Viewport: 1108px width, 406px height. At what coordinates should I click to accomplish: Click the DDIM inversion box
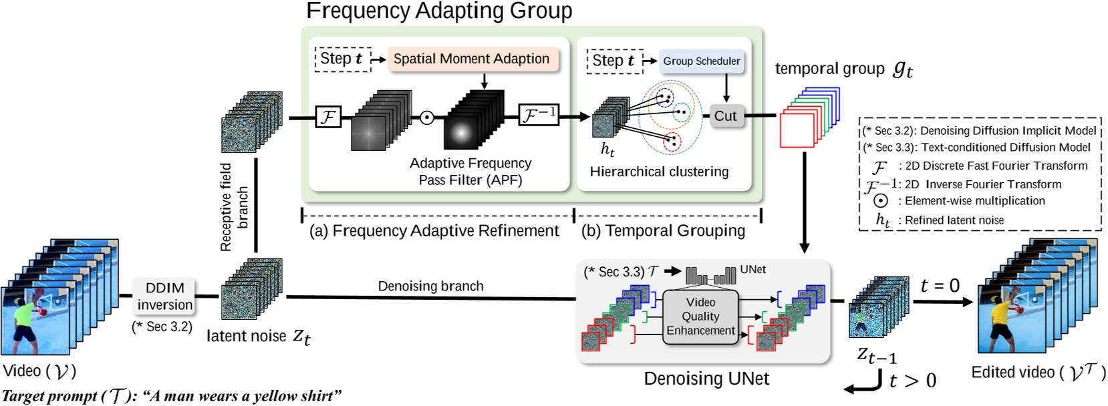(164, 296)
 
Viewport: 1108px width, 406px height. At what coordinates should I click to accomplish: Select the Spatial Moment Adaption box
(471, 59)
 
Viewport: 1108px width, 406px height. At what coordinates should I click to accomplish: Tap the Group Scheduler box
(701, 61)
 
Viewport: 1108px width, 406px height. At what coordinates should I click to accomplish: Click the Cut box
(725, 116)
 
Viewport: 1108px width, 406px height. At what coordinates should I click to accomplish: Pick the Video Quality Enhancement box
(700, 317)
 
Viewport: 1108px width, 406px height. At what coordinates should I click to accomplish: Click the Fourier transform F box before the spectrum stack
(328, 118)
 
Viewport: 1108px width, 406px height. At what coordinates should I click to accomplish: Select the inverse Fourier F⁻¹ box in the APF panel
(538, 115)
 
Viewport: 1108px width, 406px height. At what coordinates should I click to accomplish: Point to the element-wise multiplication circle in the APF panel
(427, 118)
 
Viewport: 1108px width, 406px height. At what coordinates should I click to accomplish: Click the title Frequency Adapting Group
(439, 11)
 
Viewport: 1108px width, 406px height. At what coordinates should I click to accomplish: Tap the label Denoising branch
(430, 286)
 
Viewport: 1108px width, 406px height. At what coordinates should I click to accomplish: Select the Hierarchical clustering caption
(659, 172)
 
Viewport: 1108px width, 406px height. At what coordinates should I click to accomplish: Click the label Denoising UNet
(706, 379)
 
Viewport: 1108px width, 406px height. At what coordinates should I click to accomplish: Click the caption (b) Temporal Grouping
(663, 231)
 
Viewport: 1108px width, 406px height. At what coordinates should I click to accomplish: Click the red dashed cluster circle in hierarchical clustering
(672, 142)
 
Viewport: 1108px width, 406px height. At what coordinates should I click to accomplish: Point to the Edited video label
(1038, 373)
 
